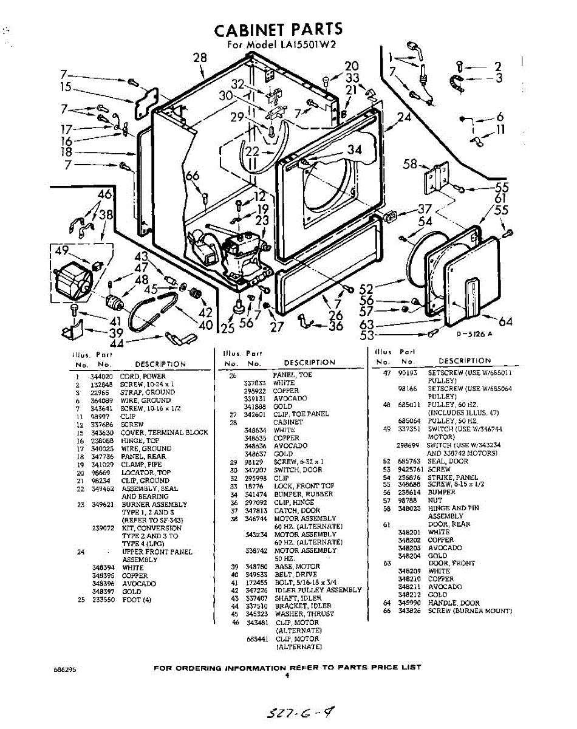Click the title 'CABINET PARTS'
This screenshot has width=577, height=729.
coord(279,29)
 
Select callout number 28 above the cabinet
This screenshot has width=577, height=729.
coord(200,58)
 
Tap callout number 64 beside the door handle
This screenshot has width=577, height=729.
coord(505,321)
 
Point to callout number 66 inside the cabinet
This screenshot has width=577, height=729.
coord(193,176)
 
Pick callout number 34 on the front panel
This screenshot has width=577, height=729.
coord(354,150)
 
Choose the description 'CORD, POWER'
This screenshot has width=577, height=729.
coord(143,377)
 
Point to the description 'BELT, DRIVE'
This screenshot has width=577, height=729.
coord(295,574)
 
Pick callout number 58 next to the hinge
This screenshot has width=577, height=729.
coord(411,163)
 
